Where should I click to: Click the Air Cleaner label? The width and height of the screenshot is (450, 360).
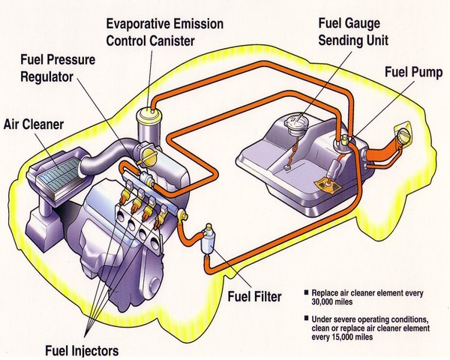34,122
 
